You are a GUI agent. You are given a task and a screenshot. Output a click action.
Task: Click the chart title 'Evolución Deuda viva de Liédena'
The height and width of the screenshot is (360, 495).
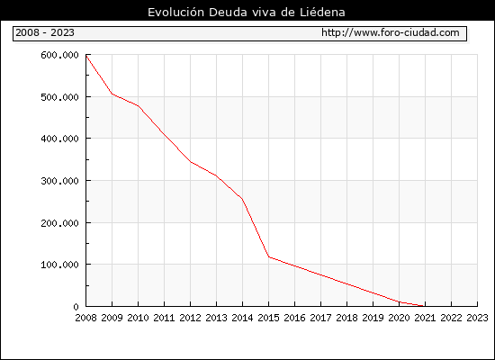tap(247, 13)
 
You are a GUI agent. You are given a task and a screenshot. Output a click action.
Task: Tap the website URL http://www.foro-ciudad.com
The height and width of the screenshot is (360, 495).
tap(391, 32)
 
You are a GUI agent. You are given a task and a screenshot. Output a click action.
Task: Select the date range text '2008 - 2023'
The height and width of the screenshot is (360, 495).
tap(45, 32)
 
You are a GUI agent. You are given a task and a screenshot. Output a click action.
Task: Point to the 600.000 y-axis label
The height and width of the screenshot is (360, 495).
tap(59, 55)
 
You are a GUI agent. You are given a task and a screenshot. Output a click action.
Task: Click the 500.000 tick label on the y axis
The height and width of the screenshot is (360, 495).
tap(59, 97)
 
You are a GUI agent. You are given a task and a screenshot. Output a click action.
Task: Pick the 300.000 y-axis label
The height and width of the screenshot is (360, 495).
tap(59, 181)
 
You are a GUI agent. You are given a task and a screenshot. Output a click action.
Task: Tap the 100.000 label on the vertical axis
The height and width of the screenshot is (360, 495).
tap(59, 265)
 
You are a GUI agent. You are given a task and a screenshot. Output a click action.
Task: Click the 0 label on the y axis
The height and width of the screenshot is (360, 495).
tap(76, 307)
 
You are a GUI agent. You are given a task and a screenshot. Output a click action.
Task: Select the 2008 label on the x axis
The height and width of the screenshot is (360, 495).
tap(85, 318)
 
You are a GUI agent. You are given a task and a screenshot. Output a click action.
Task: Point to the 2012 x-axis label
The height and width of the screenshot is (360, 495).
tap(191, 318)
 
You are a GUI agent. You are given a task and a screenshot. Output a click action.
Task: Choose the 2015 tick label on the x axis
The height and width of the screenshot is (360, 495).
tap(269, 318)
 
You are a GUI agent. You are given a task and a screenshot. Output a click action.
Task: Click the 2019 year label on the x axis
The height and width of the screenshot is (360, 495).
tap(373, 318)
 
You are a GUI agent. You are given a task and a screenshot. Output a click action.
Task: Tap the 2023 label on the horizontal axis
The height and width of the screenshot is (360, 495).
tap(477, 318)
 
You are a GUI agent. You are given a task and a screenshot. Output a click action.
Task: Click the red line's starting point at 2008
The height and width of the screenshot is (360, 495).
tap(86, 55)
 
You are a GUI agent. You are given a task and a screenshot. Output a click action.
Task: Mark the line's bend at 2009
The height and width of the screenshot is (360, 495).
tap(112, 94)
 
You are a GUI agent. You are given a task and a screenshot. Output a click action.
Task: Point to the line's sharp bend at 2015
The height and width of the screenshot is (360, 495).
tap(269, 257)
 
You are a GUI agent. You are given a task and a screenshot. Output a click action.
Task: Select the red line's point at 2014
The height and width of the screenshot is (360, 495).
tap(242, 199)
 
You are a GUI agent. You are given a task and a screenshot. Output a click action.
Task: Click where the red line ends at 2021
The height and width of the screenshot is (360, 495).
tap(424, 306)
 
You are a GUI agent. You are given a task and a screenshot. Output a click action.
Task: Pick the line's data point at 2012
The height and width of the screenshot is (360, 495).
tap(191, 162)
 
